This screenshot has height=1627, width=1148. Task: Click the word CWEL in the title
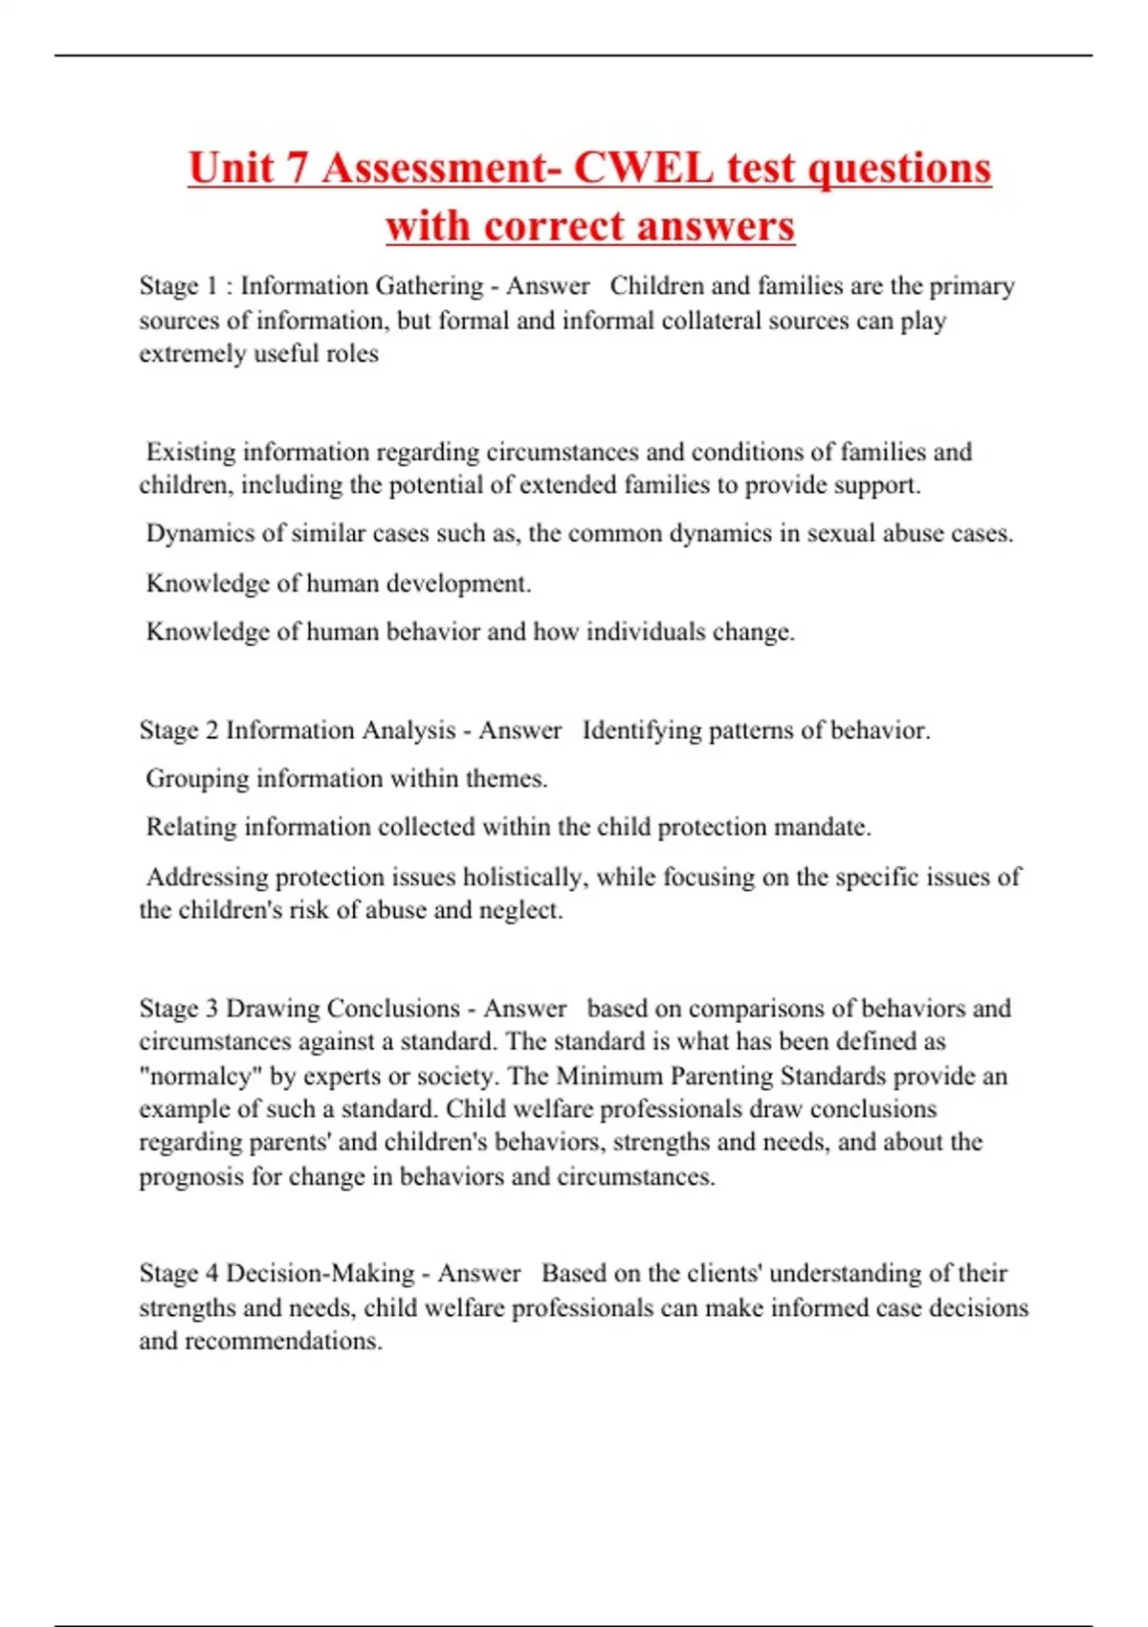pyautogui.click(x=643, y=168)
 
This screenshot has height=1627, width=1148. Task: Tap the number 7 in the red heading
pyautogui.click(x=296, y=168)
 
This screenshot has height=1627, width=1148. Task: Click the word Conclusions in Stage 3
pyautogui.click(x=393, y=1009)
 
